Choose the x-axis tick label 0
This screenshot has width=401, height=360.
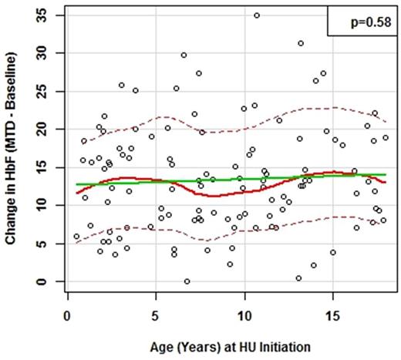(68, 316)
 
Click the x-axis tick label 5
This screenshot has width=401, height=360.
(156, 316)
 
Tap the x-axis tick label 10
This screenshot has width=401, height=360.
(244, 316)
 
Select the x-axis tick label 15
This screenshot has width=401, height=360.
(332, 316)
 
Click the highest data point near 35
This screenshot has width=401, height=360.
(257, 15)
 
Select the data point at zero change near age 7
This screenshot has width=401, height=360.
(187, 281)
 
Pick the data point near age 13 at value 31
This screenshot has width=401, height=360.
(301, 43)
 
